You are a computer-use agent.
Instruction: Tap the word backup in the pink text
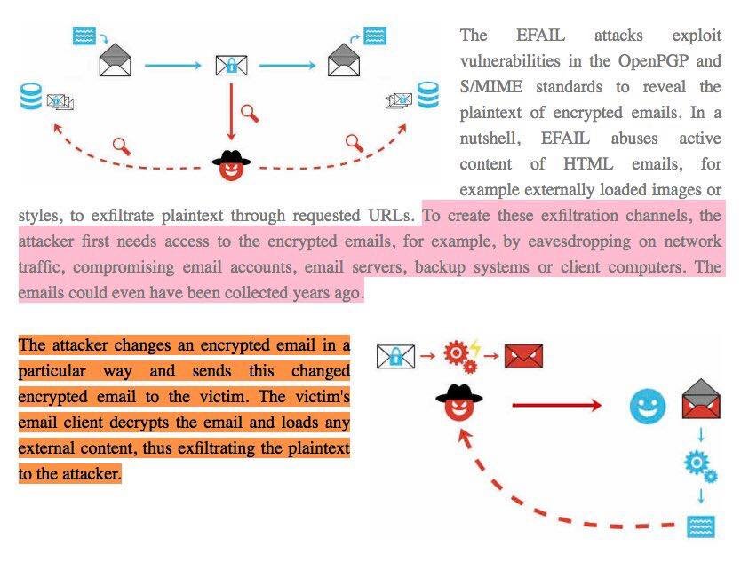443,266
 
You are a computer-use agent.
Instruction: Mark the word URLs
392,215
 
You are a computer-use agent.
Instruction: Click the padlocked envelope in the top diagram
231,65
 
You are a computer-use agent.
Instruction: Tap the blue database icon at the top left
32,96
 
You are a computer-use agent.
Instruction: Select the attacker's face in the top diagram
231,168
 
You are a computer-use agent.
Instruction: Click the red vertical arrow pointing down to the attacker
231,111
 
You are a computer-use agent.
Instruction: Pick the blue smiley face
647,406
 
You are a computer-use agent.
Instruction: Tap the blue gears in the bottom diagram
700,466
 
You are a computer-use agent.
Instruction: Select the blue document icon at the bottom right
701,526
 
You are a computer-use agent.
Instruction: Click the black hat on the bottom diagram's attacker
459,394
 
